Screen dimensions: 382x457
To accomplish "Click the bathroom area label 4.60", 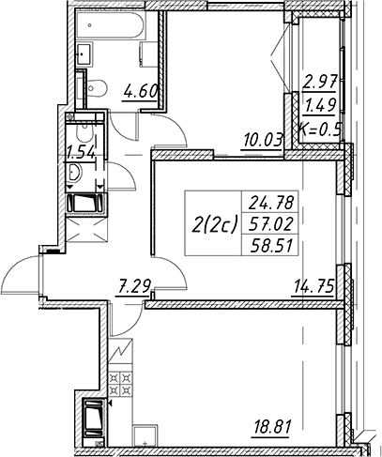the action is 141,92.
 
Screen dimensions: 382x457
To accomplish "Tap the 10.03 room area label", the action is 262,141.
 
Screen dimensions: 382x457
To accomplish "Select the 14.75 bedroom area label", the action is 313,286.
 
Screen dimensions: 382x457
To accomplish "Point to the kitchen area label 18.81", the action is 271,427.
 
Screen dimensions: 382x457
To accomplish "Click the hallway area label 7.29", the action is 132,286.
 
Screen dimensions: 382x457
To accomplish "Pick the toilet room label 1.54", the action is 80,153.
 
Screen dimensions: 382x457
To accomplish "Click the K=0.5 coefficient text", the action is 319,129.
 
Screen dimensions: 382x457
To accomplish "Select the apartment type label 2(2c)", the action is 215,224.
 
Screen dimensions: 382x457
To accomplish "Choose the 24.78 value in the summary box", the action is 271,203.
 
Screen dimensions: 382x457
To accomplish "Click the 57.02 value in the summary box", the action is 271,224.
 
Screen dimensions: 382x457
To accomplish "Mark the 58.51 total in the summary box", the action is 271,246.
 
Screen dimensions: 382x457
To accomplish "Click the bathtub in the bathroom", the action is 110,26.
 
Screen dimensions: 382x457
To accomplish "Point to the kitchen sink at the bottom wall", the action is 145,436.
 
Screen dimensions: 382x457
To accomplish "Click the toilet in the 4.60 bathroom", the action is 96,86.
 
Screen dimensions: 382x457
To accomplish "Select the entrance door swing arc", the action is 22,272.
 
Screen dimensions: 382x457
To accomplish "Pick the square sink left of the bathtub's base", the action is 84,54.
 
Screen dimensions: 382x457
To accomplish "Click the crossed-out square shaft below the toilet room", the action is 86,230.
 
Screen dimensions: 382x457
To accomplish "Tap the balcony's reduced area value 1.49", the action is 320,106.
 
